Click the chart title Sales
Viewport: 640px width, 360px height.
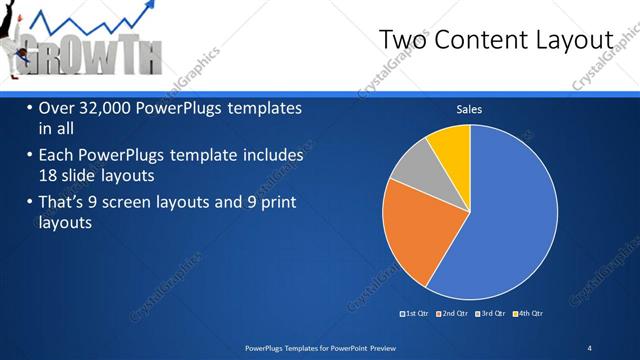click(x=470, y=109)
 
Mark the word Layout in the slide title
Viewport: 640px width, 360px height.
click(x=576, y=39)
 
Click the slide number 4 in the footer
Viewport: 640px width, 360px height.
click(x=589, y=347)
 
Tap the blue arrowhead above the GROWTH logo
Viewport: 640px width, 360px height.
click(x=151, y=8)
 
